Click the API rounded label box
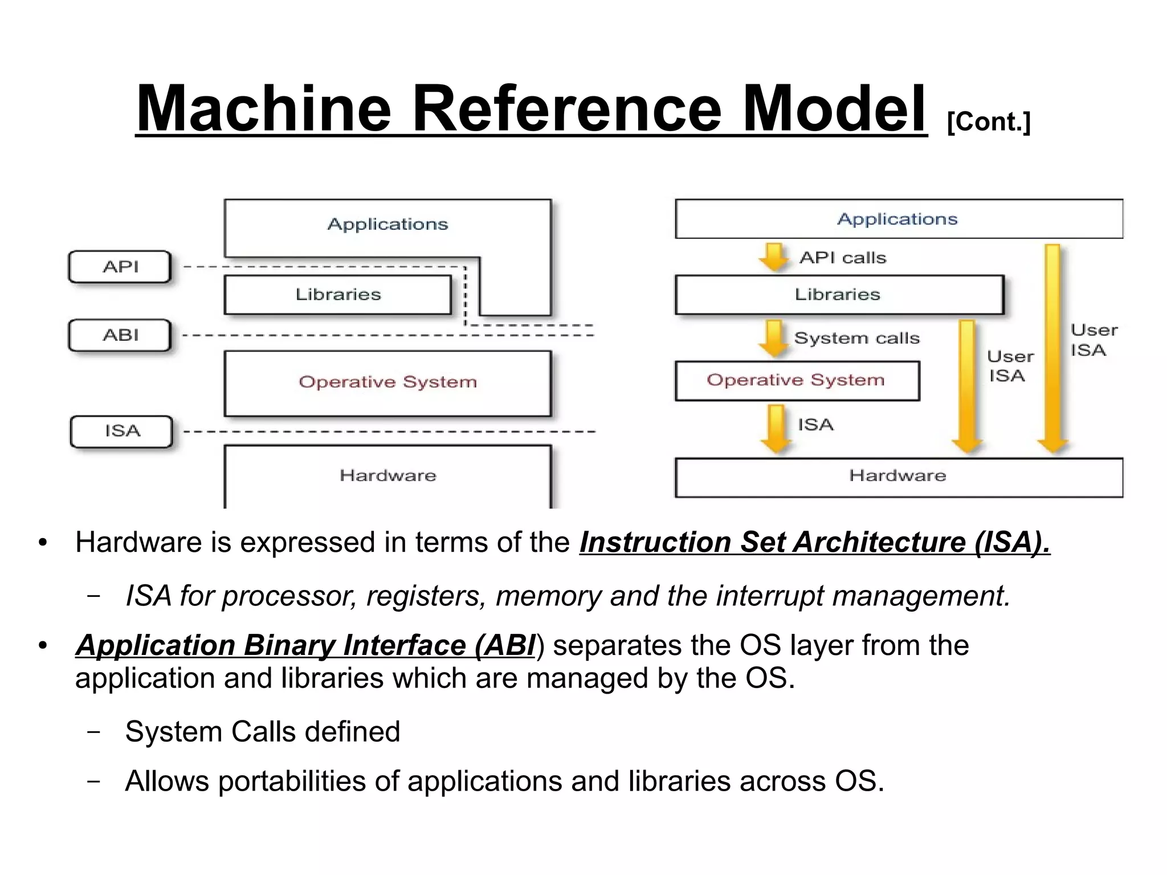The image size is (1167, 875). (x=120, y=267)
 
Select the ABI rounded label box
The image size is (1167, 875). (x=120, y=335)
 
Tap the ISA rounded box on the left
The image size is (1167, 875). (x=121, y=432)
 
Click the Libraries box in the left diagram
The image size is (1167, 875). (x=338, y=295)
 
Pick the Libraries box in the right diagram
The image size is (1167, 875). (x=839, y=295)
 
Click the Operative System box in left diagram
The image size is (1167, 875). (x=387, y=383)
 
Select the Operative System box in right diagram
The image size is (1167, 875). (x=797, y=381)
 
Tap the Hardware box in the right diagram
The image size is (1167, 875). (x=899, y=477)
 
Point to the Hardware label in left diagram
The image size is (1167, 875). (x=387, y=475)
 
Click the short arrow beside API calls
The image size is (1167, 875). (x=774, y=257)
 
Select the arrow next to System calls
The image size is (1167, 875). (x=774, y=337)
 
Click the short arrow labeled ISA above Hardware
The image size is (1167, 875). (x=776, y=428)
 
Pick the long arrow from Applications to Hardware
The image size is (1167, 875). (x=1052, y=348)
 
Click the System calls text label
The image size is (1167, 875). (x=856, y=338)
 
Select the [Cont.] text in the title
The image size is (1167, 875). (x=989, y=121)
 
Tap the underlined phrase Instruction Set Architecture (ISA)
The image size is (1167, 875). (x=815, y=542)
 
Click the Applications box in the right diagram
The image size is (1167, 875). (x=899, y=219)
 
